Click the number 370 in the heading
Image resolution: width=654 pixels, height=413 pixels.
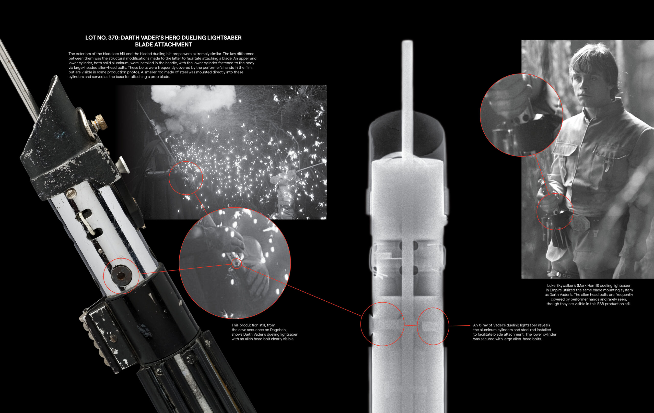pos(113,38)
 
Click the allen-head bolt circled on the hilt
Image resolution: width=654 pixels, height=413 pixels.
pos(121,276)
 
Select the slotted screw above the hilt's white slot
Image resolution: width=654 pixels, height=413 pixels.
pos(71,193)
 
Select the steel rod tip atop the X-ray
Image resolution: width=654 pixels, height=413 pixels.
pos(407,43)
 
